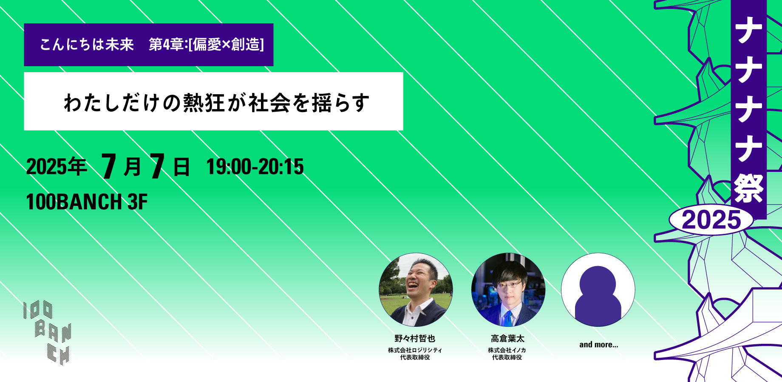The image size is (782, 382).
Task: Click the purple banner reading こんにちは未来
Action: point(149,45)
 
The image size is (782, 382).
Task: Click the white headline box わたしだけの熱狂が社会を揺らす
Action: point(213,101)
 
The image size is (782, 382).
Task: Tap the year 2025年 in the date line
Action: point(57,166)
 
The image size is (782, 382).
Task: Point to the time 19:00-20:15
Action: point(255,166)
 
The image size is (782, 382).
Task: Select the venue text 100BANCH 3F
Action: point(87,202)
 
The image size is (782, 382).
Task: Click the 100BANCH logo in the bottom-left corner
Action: point(47,332)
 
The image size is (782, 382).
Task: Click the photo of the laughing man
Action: point(416,290)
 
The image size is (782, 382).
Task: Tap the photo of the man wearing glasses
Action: point(508,290)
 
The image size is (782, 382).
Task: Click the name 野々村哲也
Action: point(415,338)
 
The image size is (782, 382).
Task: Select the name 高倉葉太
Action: point(507,338)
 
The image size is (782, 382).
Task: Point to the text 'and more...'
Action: point(598,345)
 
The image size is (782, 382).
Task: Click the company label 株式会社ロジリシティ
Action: point(415,350)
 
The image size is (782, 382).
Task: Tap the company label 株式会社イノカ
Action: point(507,350)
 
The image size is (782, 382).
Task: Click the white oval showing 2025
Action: point(711,220)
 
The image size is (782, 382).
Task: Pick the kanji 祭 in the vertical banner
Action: point(748,188)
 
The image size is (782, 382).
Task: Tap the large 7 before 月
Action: point(109,166)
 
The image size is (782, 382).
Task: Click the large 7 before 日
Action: point(157,166)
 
